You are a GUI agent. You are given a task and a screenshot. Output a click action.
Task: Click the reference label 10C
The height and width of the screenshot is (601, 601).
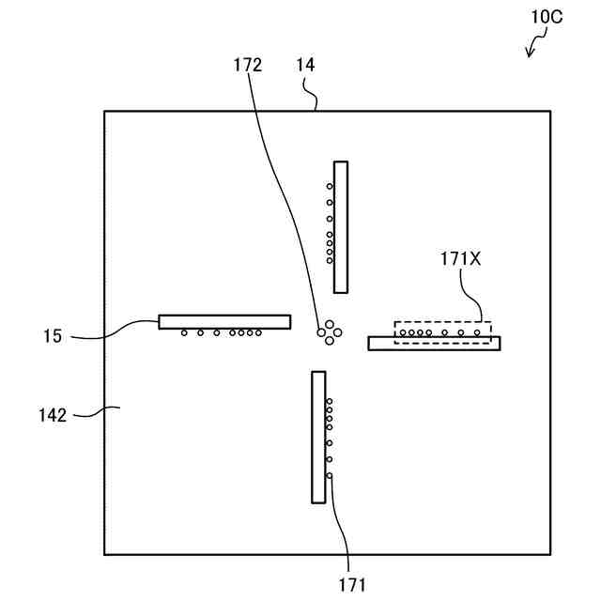[x=547, y=18]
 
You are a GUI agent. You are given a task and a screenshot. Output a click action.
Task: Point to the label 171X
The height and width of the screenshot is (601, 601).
[x=460, y=259]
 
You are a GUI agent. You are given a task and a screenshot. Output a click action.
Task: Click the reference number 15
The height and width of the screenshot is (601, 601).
[x=53, y=334]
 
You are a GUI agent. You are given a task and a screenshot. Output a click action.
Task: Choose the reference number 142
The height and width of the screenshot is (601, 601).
[x=53, y=414]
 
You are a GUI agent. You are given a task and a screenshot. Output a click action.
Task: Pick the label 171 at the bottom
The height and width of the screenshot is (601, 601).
[x=353, y=585]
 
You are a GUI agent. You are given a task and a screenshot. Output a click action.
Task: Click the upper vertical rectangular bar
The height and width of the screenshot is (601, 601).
[x=341, y=226]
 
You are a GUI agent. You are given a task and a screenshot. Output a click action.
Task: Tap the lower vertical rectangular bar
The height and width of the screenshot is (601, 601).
[x=318, y=437]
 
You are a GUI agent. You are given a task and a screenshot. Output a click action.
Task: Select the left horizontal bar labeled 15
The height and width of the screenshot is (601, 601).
[x=224, y=321]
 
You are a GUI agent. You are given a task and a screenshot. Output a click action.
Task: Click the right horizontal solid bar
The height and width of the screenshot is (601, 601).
[x=434, y=344]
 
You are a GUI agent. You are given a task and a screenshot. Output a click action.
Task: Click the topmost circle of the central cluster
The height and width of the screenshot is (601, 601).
[x=330, y=321]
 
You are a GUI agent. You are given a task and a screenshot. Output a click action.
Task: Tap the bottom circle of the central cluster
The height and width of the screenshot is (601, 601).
[x=330, y=339]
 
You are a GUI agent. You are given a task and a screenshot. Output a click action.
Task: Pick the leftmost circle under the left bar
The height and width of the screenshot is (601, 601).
[x=184, y=333]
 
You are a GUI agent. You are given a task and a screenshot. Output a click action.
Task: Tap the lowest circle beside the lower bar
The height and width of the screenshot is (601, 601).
[x=330, y=476]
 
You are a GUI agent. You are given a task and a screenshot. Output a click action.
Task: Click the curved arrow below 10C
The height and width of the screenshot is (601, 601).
[x=536, y=45]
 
